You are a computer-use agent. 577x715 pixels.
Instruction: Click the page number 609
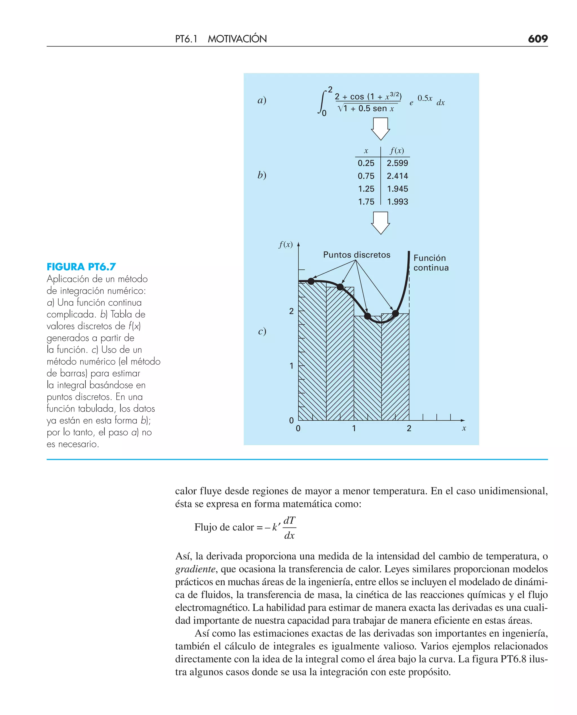point(538,39)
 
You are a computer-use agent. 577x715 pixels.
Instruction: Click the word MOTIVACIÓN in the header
point(237,39)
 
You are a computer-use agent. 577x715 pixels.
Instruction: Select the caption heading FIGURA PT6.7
point(81,267)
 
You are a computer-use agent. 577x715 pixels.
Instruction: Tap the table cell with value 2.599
point(397,163)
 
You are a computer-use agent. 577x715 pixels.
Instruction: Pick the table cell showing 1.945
point(397,189)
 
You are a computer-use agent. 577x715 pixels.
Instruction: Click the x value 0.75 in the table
point(366,176)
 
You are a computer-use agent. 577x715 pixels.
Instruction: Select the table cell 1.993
point(397,202)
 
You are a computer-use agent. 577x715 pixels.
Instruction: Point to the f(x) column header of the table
point(397,151)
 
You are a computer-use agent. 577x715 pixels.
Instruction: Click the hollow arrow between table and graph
point(380,223)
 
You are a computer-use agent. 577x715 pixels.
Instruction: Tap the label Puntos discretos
point(357,255)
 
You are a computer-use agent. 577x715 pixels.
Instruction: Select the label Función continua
point(431,263)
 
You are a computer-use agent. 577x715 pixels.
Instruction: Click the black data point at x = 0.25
point(311,281)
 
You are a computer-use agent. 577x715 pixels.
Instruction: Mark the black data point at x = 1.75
point(396,313)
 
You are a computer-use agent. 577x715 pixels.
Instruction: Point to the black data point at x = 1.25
point(368,316)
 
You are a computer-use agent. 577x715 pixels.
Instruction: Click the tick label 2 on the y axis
point(292,311)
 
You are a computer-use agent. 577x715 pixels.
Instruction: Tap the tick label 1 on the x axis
point(354,429)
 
